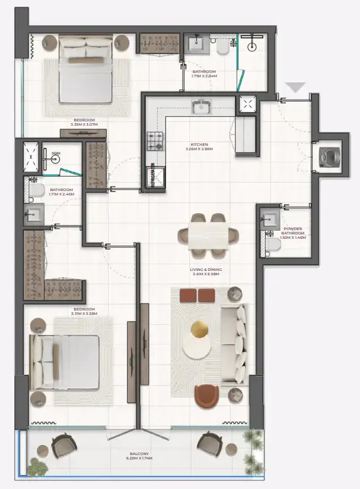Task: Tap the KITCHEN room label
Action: point(200,143)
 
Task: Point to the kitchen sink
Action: point(201,107)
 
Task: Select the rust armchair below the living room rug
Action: point(206,396)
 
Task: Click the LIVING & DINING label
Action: point(206,269)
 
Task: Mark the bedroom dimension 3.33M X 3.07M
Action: point(84,124)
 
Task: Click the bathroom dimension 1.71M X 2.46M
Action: point(62,194)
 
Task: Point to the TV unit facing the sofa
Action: point(131,361)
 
